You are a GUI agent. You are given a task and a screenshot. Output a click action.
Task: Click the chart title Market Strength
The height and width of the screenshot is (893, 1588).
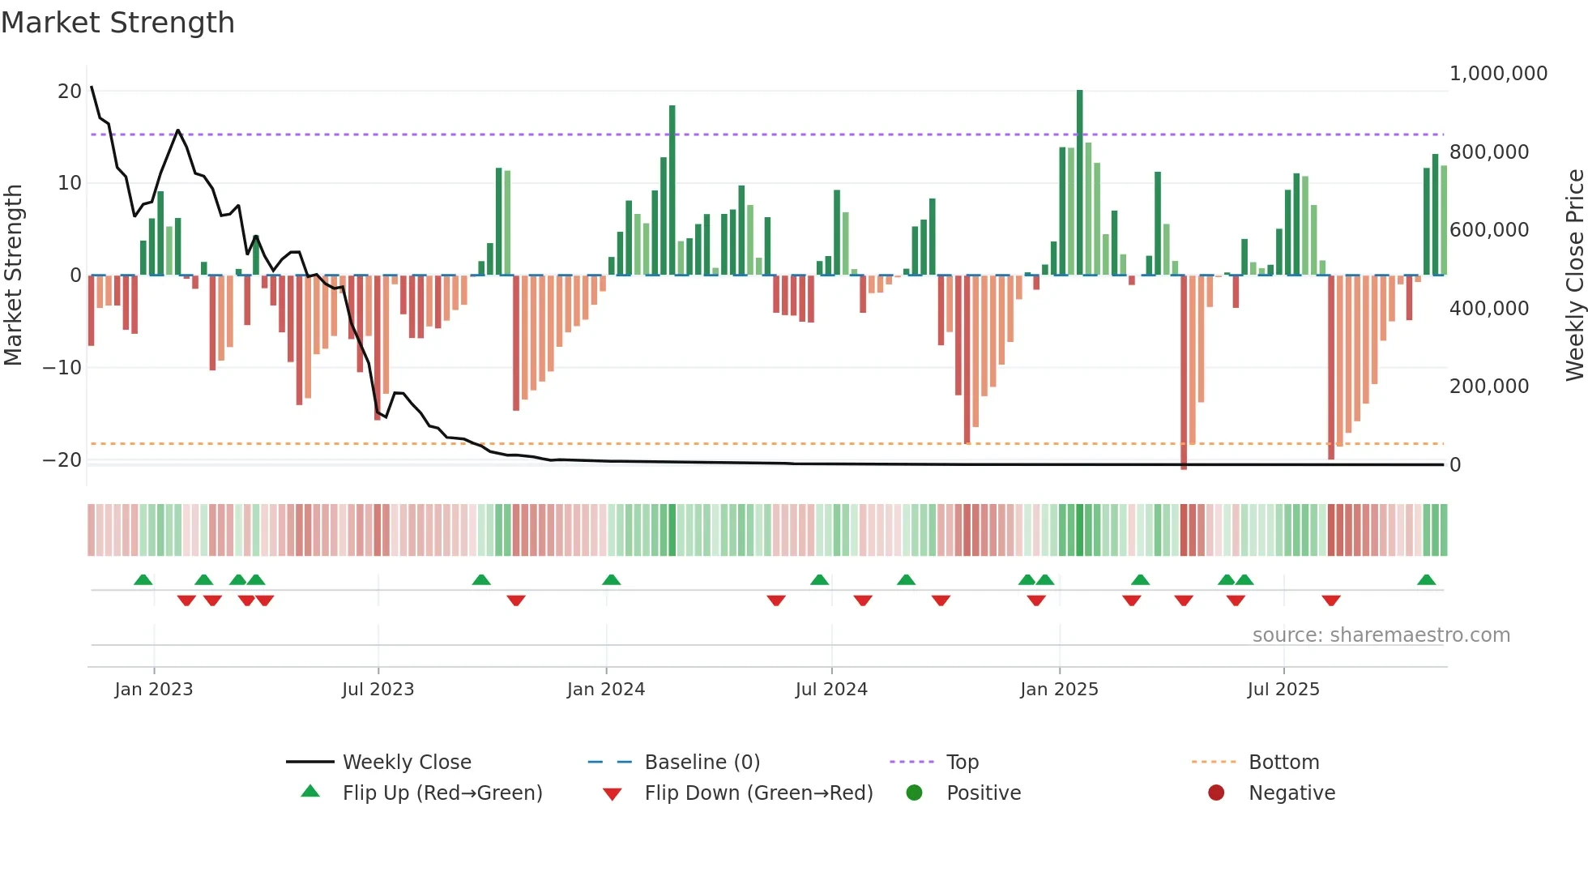click(x=117, y=23)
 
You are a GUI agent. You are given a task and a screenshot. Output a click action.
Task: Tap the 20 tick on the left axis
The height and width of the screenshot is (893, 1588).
click(x=70, y=92)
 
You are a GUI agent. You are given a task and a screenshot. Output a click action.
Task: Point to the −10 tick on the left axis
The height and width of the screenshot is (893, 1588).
click(x=62, y=368)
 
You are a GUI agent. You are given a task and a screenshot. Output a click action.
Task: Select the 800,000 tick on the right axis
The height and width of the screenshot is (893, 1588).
click(x=1488, y=152)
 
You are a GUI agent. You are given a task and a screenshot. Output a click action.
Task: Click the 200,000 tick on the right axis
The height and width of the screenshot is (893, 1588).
click(x=1488, y=387)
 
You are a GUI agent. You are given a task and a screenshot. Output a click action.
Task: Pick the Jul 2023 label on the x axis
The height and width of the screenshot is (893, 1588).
click(x=378, y=690)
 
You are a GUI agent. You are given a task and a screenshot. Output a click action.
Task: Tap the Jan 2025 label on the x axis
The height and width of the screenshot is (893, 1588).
click(x=1059, y=690)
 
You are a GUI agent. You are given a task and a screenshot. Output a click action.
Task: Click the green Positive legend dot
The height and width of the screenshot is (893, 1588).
click(x=915, y=793)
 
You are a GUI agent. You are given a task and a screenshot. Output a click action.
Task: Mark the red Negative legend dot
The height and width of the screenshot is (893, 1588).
click(x=1216, y=793)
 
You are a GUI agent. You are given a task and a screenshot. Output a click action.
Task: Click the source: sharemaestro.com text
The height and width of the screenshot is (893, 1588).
click(x=1381, y=635)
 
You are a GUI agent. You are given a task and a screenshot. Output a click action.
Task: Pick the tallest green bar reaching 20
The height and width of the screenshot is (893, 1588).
click(x=1079, y=182)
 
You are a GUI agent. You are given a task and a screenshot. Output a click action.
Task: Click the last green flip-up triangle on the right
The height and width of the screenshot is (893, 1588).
click(x=1426, y=580)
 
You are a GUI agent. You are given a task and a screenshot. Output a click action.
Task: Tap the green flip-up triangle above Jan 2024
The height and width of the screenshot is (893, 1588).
click(x=611, y=580)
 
